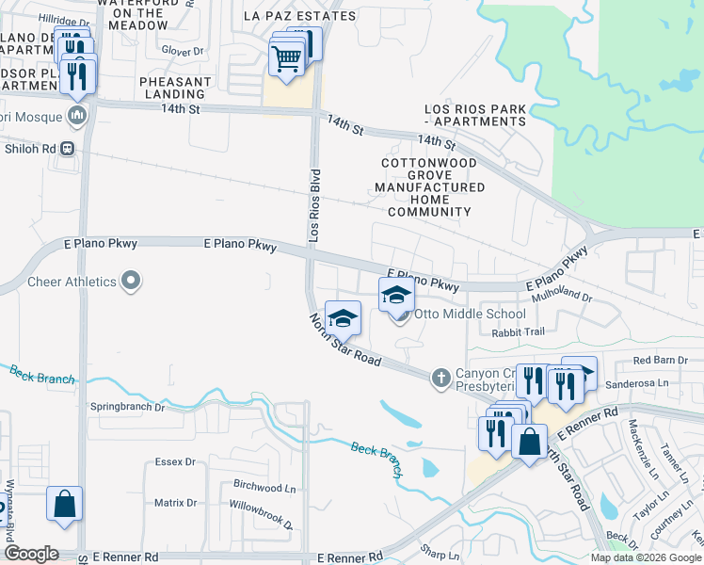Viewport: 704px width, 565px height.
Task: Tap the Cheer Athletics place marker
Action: tap(132, 281)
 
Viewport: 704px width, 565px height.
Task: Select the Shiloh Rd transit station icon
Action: tap(68, 148)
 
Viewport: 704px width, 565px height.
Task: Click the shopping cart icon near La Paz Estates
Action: tap(286, 58)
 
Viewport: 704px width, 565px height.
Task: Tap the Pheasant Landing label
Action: tap(175, 89)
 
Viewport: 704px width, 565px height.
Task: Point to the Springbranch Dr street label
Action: tap(126, 408)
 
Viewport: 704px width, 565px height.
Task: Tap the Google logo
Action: tap(31, 554)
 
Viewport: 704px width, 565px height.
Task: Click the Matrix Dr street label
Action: tap(175, 503)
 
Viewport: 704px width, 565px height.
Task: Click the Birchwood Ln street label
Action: tap(264, 488)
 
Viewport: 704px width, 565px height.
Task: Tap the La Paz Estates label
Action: tap(299, 16)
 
